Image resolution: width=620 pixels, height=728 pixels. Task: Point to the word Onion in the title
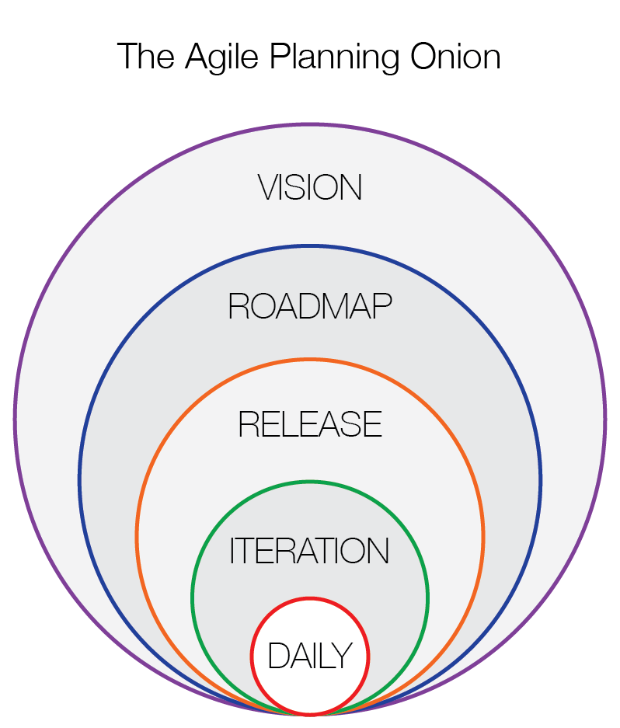(456, 57)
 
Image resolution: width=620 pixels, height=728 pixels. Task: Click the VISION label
(310, 188)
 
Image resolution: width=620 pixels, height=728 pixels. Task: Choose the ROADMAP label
(310, 307)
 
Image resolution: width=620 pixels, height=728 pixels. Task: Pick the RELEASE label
(310, 424)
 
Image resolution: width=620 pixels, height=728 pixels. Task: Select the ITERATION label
(310, 551)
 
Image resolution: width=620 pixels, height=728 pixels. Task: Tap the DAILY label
(310, 656)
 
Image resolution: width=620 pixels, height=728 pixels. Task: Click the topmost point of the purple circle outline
(310, 124)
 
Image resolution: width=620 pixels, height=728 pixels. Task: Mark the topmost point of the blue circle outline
(310, 247)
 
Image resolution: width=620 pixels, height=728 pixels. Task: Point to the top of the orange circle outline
(310, 360)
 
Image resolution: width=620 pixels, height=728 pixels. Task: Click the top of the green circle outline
(310, 482)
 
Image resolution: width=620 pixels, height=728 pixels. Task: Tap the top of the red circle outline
(310, 598)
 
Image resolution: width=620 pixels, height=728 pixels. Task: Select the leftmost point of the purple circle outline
(15, 420)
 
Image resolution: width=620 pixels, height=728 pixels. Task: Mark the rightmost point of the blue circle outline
(541, 480)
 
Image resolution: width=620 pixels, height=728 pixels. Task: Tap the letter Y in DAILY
(343, 656)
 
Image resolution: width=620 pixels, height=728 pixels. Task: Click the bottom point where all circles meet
(310, 714)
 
